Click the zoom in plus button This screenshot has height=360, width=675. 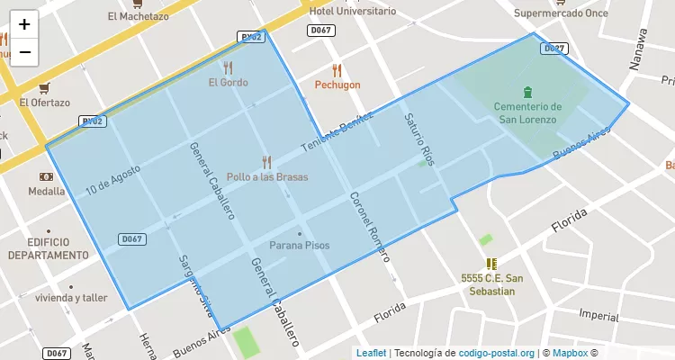pyautogui.click(x=24, y=24)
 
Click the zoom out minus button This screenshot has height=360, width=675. pyautogui.click(x=24, y=51)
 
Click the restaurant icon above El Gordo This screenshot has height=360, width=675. pyautogui.click(x=228, y=67)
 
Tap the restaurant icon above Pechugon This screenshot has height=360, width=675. pyautogui.click(x=337, y=69)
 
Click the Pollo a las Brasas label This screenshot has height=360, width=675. pyautogui.click(x=267, y=177)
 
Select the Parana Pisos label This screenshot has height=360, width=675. pyautogui.click(x=300, y=245)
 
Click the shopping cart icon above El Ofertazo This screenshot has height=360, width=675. pyautogui.click(x=44, y=87)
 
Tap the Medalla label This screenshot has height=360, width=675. pyautogui.click(x=46, y=192)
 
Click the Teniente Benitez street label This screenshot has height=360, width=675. pyautogui.click(x=337, y=134)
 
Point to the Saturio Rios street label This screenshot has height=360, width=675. pyautogui.click(x=419, y=139)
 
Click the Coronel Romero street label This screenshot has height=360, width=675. pyautogui.click(x=370, y=225)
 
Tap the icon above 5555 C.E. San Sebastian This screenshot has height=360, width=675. pyautogui.click(x=490, y=264)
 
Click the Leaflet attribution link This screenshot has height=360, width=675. pyautogui.click(x=371, y=353)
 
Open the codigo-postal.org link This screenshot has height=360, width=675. pyautogui.click(x=497, y=353)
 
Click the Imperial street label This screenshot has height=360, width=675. pyautogui.click(x=598, y=315)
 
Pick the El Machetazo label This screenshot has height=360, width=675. pyautogui.click(x=137, y=16)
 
